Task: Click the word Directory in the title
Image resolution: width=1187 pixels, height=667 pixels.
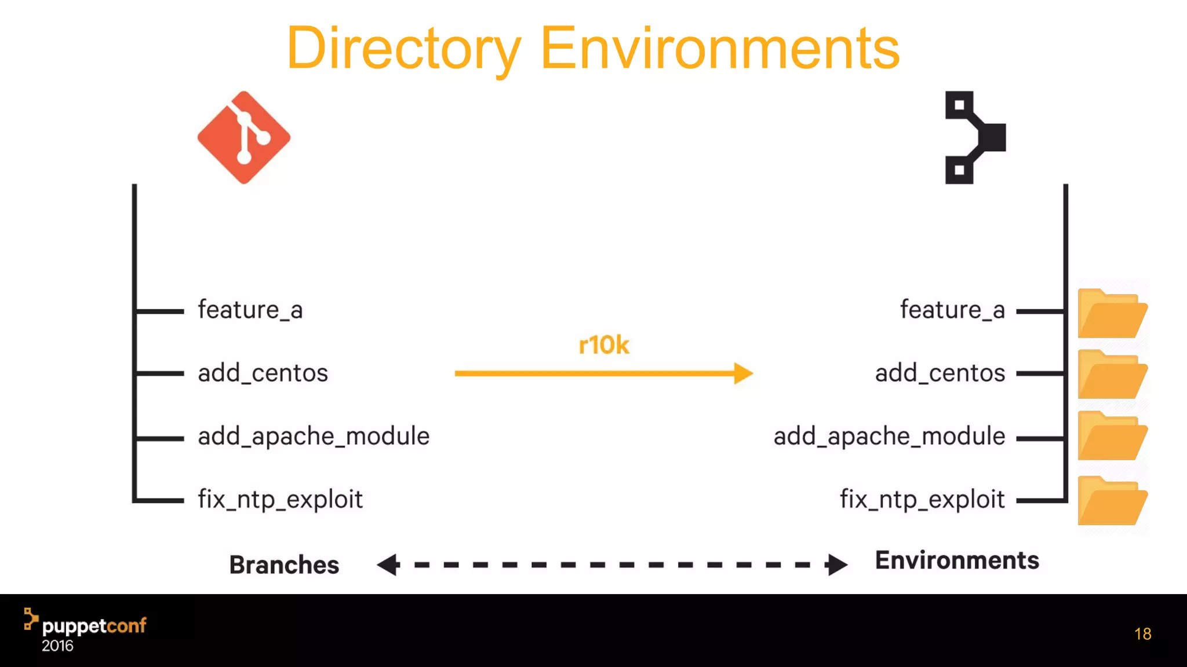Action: (404, 49)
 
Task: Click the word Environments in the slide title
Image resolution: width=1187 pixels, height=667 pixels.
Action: (720, 49)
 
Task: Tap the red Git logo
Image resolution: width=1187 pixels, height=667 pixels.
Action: (244, 138)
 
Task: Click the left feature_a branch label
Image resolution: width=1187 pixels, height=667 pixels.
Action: (250, 310)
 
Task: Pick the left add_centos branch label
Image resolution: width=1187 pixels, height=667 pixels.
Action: (263, 373)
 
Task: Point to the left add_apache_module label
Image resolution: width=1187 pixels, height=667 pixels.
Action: (314, 436)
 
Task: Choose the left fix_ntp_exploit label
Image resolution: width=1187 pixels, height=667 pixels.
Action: (280, 499)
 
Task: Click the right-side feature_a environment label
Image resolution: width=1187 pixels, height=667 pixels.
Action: (952, 310)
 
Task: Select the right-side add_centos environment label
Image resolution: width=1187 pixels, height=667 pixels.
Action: (940, 373)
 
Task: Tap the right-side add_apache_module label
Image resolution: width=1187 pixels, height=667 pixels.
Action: (889, 436)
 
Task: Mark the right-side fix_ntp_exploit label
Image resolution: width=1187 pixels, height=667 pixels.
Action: (922, 499)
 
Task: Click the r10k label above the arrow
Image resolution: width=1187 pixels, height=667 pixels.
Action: (603, 345)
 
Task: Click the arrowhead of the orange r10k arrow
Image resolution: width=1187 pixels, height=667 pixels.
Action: (743, 373)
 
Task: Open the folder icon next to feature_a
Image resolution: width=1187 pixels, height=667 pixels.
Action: (1112, 314)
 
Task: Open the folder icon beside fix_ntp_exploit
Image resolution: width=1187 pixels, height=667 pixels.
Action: (1112, 501)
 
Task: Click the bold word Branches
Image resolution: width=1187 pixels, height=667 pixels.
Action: (284, 565)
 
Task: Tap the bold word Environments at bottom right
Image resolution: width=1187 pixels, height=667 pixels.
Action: (957, 560)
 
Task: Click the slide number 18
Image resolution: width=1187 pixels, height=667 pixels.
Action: (1142, 634)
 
